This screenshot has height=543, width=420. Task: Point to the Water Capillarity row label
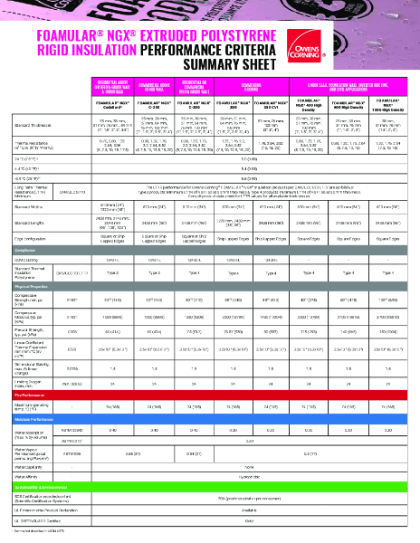31,468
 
